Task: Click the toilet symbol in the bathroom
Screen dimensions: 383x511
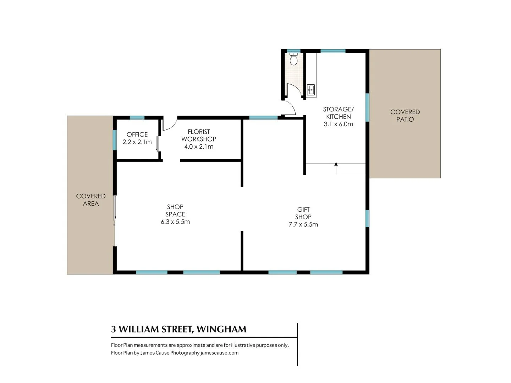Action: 293,59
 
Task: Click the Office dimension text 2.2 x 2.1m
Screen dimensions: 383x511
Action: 137,142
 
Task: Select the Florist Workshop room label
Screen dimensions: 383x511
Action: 199,135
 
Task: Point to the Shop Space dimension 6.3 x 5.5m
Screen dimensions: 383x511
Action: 175,222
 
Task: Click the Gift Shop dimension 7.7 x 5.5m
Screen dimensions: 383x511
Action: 303,224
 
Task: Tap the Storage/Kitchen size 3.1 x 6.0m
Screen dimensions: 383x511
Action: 339,124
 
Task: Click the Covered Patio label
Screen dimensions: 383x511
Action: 405,116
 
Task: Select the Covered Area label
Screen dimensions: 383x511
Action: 91,200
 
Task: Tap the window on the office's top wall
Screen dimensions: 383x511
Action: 137,118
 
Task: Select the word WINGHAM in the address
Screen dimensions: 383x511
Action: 221,329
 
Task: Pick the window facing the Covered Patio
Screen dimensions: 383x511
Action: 368,107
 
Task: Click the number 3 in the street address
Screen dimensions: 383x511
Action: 114,329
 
